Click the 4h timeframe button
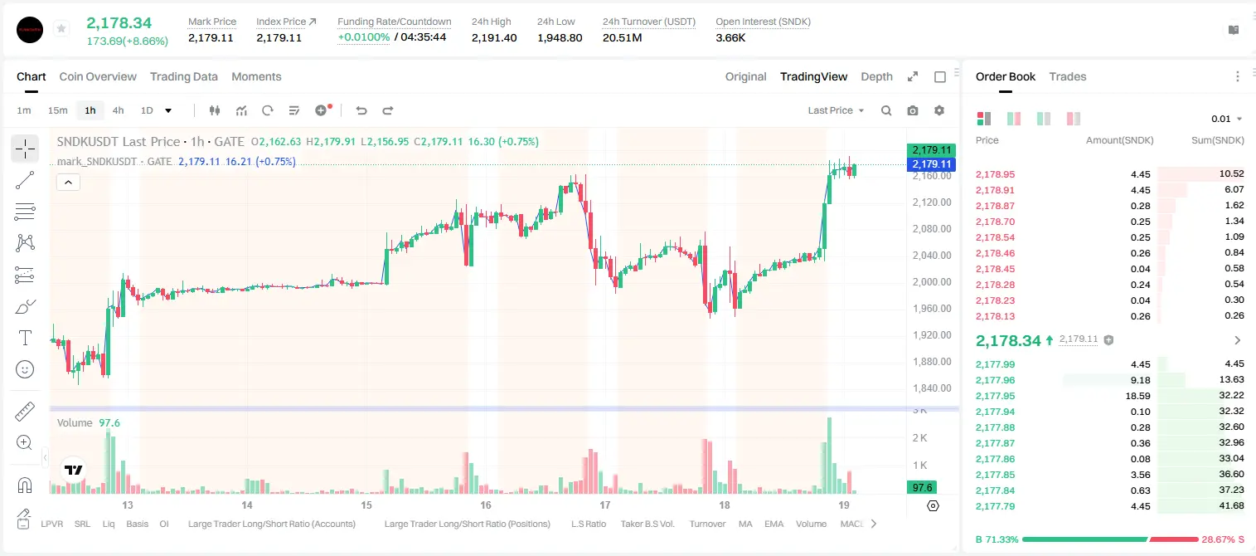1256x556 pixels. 118,110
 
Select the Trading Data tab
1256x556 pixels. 183,77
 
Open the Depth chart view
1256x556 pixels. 876,77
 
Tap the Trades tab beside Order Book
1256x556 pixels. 1068,77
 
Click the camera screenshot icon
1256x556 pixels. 913,110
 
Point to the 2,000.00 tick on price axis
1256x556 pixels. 932,281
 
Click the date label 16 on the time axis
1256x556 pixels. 486,505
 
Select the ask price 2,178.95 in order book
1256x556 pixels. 996,174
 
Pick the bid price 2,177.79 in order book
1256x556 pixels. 996,506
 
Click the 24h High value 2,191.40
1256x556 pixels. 494,37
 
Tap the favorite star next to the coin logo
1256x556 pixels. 61,28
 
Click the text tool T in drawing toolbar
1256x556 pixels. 25,338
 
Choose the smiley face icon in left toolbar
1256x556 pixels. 25,369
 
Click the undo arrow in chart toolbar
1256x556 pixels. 361,110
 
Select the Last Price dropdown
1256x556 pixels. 836,110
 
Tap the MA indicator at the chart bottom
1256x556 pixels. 745,524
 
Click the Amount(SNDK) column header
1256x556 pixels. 1120,140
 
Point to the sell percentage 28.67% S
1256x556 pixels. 1223,539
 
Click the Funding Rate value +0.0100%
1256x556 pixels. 363,37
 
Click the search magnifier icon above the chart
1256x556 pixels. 886,110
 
